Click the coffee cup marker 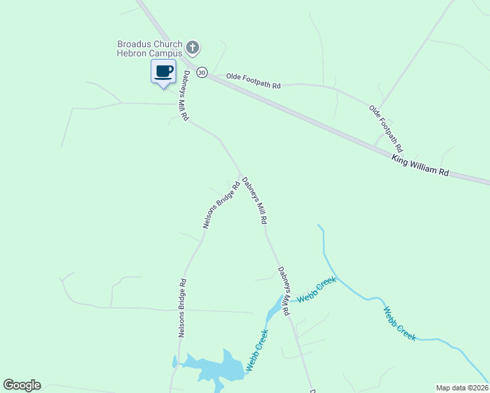(x=163, y=71)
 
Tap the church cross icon (x=193, y=47)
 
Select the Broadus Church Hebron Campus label (x=149, y=48)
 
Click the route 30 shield (x=202, y=72)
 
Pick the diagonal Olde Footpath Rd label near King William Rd (x=385, y=125)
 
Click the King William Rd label (x=420, y=166)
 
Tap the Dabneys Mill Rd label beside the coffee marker (x=187, y=96)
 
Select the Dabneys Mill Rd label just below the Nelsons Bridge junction (x=255, y=201)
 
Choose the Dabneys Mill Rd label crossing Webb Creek (x=284, y=291)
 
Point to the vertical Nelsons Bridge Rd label (x=183, y=308)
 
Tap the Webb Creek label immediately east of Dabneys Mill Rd (x=316, y=289)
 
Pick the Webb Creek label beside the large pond (x=257, y=350)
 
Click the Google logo (x=22, y=385)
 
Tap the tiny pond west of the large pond (x=175, y=362)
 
